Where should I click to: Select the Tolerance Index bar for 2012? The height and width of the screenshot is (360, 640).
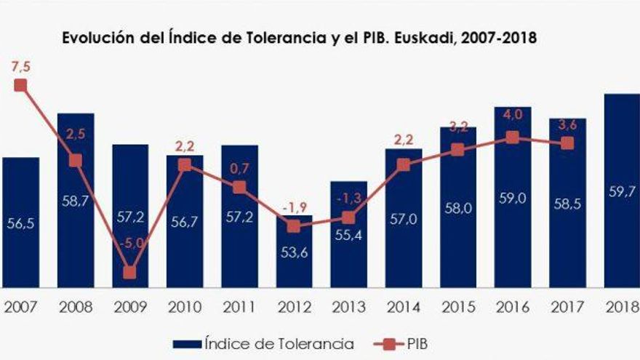click(294, 251)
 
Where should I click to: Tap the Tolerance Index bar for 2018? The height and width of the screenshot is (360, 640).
click(622, 191)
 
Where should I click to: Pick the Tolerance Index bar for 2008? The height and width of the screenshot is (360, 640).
click(76, 200)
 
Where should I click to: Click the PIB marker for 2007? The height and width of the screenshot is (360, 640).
click(20, 85)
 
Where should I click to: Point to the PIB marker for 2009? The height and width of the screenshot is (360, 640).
click(129, 273)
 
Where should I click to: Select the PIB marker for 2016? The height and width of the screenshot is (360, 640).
click(513, 137)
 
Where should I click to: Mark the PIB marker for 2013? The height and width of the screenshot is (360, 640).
click(348, 217)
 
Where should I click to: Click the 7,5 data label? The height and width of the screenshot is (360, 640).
click(20, 67)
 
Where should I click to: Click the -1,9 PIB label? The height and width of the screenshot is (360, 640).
click(295, 209)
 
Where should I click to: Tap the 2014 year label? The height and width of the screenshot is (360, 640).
click(403, 306)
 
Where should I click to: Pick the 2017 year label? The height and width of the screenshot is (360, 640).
click(567, 306)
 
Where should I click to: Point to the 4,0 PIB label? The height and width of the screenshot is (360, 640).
click(513, 114)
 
